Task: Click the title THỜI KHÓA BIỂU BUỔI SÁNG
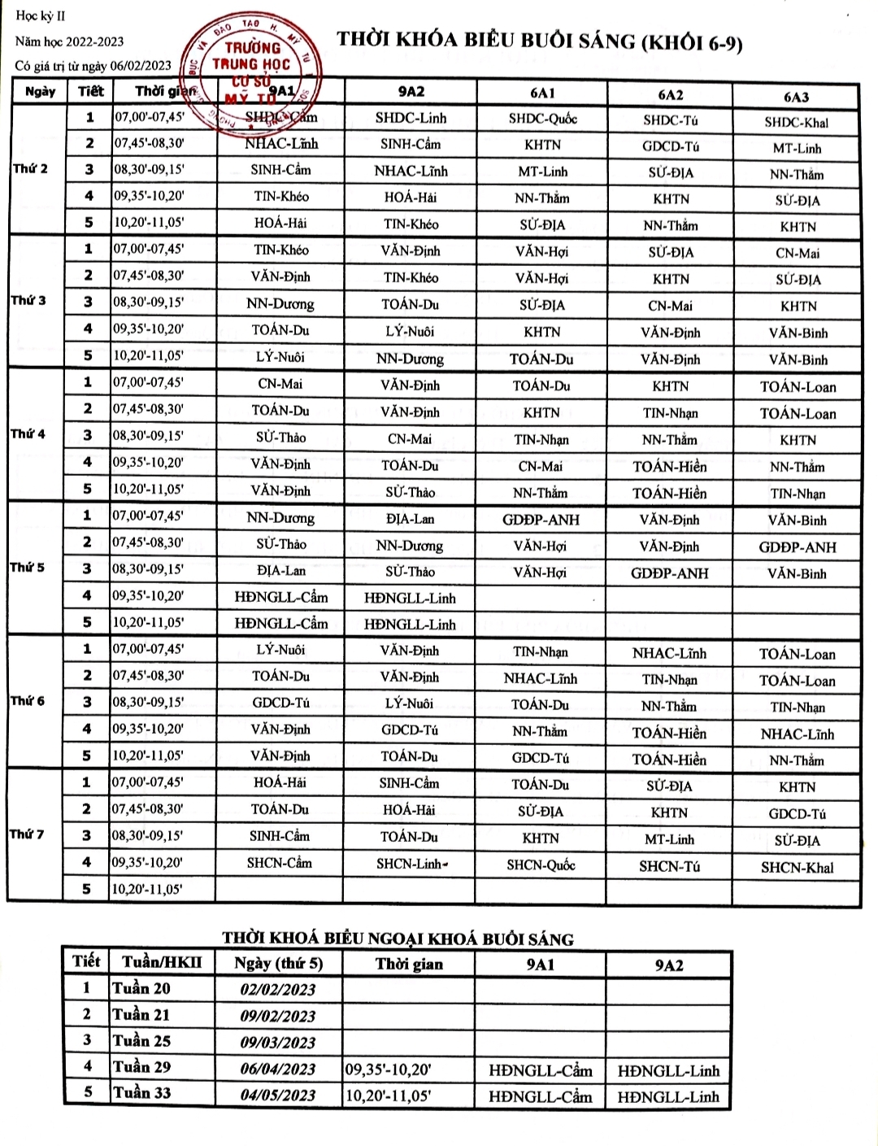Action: pyautogui.click(x=539, y=41)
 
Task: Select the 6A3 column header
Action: pyautogui.click(x=796, y=97)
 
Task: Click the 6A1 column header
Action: pyautogui.click(x=541, y=94)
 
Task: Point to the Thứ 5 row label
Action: pyautogui.click(x=28, y=567)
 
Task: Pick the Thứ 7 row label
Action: pyautogui.click(x=28, y=834)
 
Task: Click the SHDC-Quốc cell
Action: pyautogui.click(x=542, y=119)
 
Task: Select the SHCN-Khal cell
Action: pyautogui.click(x=797, y=867)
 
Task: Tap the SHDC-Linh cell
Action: pyautogui.click(x=411, y=118)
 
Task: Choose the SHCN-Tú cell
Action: pyautogui.click(x=669, y=866)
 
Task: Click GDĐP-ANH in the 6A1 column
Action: pyautogui.click(x=541, y=520)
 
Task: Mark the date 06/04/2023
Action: pyautogui.click(x=277, y=1069)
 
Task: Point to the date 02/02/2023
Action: pyautogui.click(x=277, y=990)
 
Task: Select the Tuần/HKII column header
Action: pyautogui.click(x=162, y=963)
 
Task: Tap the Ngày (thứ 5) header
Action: pyautogui.click(x=278, y=964)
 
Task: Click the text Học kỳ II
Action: pyautogui.click(x=41, y=16)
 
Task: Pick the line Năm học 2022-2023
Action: pyautogui.click(x=70, y=41)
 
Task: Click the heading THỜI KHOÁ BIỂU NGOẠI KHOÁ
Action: pyautogui.click(x=398, y=939)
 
